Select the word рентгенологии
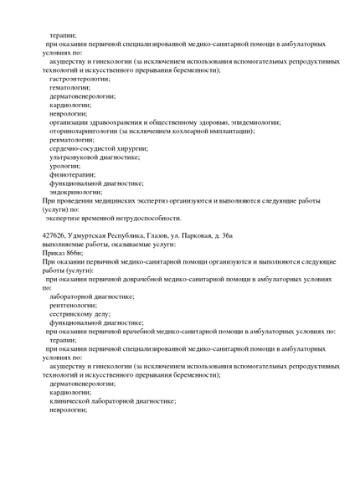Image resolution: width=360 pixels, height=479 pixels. (x=74, y=305)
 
